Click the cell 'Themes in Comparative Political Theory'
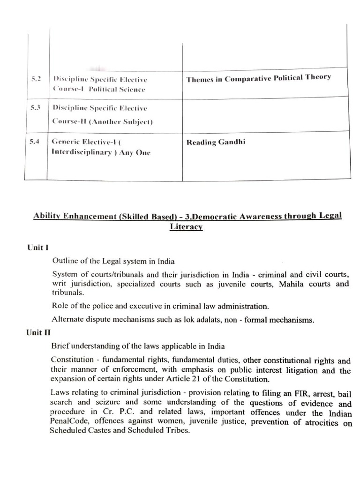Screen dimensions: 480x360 (258, 78)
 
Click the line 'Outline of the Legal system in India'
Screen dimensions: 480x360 (113, 261)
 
